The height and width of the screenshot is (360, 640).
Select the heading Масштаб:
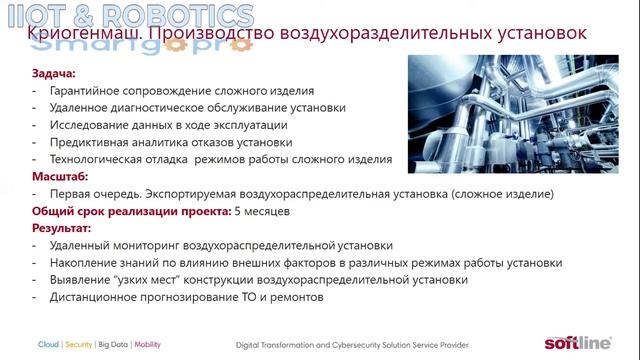coord(60,176)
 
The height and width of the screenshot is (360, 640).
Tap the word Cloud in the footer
coord(48,344)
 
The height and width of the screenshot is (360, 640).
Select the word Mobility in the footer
coord(147,344)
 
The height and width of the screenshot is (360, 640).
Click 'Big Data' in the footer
coord(113,344)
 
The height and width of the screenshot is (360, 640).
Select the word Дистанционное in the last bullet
coord(93,297)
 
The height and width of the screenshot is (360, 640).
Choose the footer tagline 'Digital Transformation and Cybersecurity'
coord(330,344)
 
